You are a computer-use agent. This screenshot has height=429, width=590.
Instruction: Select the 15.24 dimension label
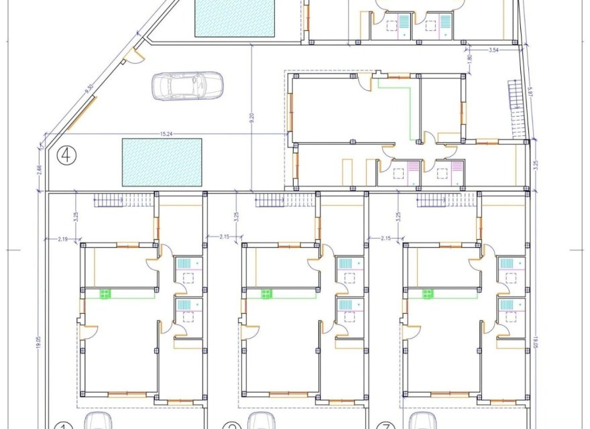pyautogui.click(x=168, y=134)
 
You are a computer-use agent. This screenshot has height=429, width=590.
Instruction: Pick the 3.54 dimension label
pyautogui.click(x=493, y=50)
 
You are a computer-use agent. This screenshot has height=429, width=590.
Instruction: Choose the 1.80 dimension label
pyautogui.click(x=469, y=59)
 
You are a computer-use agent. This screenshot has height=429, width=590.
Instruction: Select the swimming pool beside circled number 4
pyautogui.click(x=162, y=162)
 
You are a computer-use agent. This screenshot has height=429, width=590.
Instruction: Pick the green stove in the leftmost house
pyautogui.click(x=105, y=294)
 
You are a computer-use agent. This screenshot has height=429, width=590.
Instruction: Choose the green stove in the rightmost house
pyautogui.click(x=428, y=294)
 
